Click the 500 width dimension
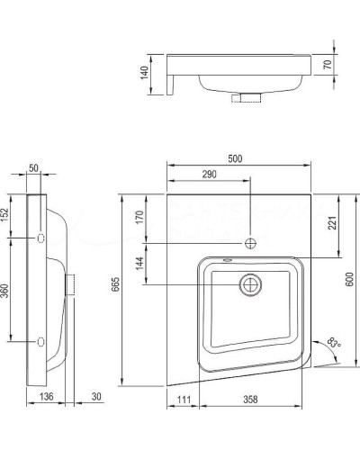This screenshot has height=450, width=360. pos(235,159)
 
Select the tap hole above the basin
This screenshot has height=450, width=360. pos(249,243)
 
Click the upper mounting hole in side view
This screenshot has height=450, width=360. pos(41,238)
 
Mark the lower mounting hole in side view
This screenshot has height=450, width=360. pos(41,342)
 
